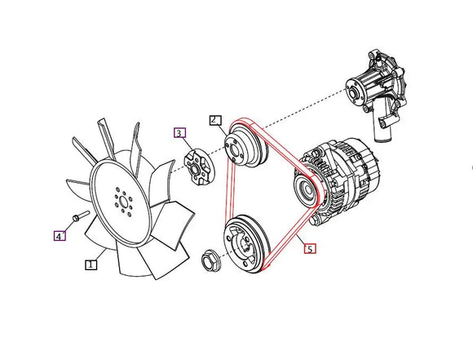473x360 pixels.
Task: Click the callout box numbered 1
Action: (x=91, y=264)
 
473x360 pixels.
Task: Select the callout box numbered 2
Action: (x=215, y=121)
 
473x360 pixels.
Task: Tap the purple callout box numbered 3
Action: (x=179, y=133)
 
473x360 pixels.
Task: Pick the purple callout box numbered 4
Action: (x=60, y=236)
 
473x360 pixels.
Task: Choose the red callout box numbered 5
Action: (x=310, y=248)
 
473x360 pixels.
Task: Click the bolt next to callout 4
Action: (x=81, y=216)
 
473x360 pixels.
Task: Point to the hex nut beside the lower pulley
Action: (x=210, y=260)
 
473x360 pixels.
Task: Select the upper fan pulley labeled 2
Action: (x=245, y=147)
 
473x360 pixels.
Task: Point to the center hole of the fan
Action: (x=123, y=202)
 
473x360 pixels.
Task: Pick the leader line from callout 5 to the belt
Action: (x=300, y=239)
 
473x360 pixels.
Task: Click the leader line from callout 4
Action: (x=69, y=226)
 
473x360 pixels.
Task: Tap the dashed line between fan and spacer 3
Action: (x=178, y=169)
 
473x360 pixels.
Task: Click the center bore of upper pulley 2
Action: (x=234, y=150)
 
